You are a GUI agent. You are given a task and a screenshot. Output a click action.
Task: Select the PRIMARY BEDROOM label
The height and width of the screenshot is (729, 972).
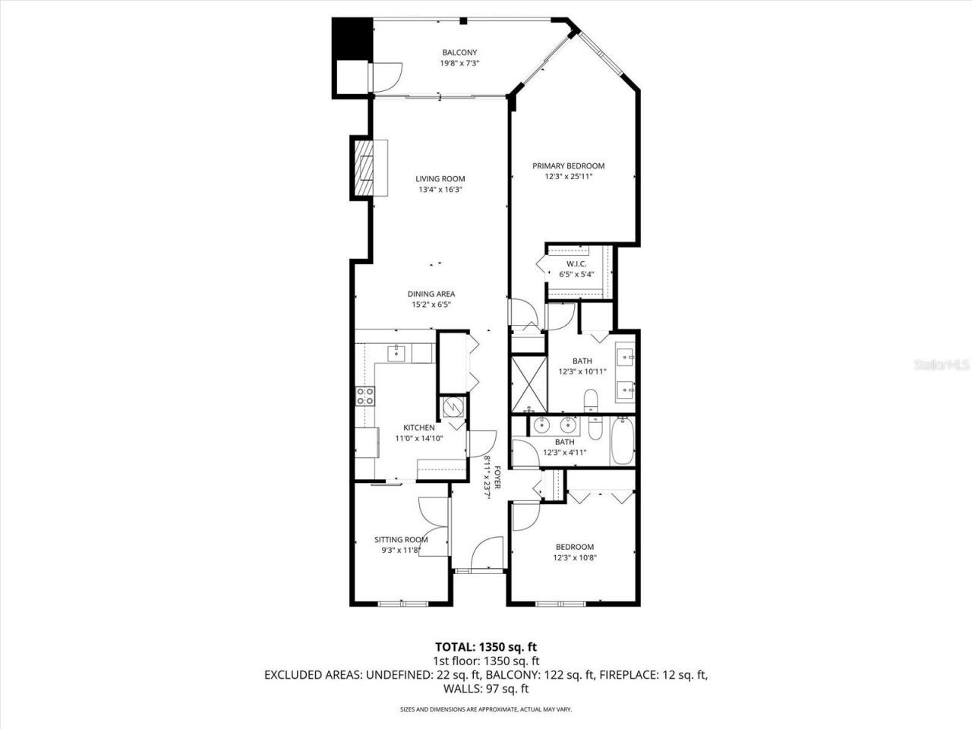pyautogui.click(x=568, y=166)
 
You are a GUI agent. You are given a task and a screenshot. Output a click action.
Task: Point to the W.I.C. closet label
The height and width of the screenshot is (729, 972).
pyautogui.click(x=576, y=264)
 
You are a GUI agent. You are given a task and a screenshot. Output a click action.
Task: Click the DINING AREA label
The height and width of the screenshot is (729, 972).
pyautogui.click(x=431, y=294)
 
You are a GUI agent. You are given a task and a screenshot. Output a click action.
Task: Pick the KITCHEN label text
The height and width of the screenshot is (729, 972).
pyautogui.click(x=418, y=428)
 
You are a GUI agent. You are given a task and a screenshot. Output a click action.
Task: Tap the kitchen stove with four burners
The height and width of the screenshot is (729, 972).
pyautogui.click(x=365, y=396)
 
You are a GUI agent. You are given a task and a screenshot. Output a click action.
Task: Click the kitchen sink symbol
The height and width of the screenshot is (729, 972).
pyautogui.click(x=397, y=353)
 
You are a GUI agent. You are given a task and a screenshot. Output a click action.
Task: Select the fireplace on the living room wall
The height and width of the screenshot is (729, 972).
pyautogui.click(x=367, y=167)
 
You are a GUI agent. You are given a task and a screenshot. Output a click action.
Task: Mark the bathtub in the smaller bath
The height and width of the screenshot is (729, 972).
pyautogui.click(x=622, y=441)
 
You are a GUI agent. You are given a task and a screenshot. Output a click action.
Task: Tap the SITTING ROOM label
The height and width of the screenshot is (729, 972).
pyautogui.click(x=401, y=540)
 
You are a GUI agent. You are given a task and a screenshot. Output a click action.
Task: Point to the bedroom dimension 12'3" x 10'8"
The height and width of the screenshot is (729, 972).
pyautogui.click(x=574, y=557)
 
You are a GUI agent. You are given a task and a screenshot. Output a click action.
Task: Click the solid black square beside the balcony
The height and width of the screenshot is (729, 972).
pyautogui.click(x=352, y=38)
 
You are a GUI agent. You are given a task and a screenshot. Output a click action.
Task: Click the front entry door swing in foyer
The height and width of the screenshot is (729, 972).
pyautogui.click(x=488, y=552)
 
